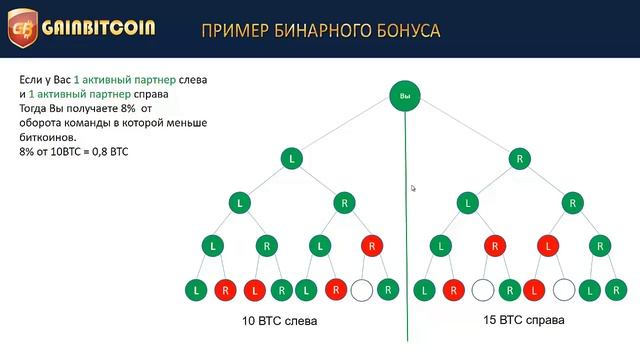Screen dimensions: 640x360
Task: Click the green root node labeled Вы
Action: [405, 97]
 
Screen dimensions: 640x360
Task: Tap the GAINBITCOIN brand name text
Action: [98, 28]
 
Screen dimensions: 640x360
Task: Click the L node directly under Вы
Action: [292, 158]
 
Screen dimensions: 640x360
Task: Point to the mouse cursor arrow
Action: [414, 187]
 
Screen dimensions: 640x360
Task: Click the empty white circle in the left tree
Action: [362, 290]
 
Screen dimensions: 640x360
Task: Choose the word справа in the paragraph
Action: [148, 93]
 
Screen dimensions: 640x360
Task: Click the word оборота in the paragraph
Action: [40, 122]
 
